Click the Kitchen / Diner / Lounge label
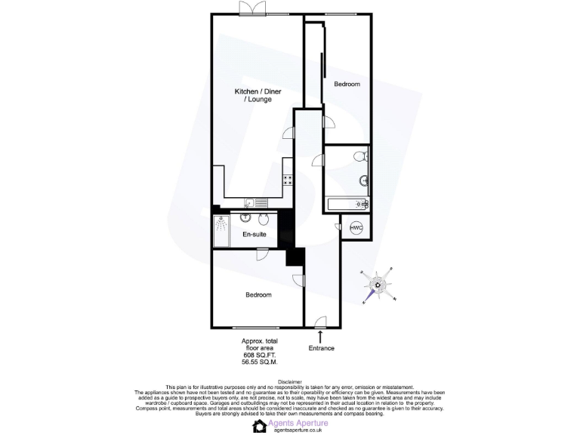point(252,95)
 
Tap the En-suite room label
point(254,234)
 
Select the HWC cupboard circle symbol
point(356,228)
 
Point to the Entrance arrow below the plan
point(322,335)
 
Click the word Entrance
point(322,348)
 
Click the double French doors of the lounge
point(251,9)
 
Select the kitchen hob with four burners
point(288,180)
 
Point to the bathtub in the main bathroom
point(347,204)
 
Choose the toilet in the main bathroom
point(360,157)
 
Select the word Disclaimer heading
point(290,383)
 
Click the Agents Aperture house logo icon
point(260,425)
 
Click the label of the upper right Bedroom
point(347,85)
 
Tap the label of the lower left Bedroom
point(258,295)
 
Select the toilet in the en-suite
point(261,219)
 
